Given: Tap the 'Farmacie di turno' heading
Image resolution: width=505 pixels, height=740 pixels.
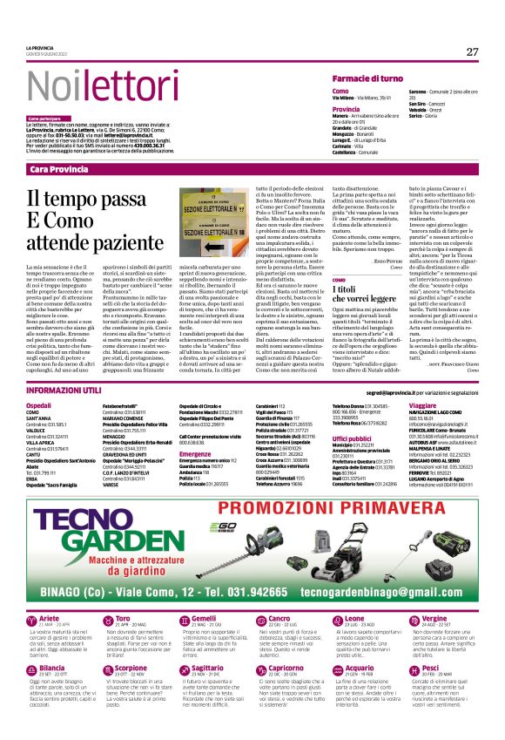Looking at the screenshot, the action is coord(366,79).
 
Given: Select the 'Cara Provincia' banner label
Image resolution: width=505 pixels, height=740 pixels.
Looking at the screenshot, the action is coord(58,168).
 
